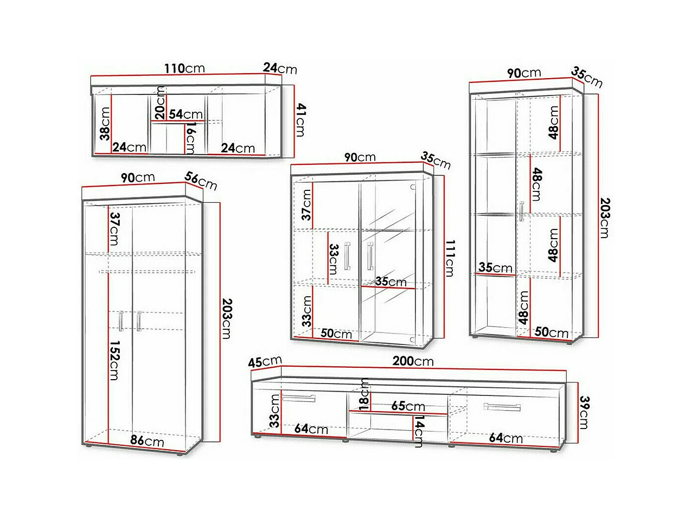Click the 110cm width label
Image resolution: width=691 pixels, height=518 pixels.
[184, 68]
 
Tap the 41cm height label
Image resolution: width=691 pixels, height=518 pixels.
[300, 120]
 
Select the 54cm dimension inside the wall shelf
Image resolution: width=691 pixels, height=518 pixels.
[185, 114]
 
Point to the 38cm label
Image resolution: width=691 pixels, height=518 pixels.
[105, 123]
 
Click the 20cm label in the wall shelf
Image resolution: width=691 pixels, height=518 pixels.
[160, 103]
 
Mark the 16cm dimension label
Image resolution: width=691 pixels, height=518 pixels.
[190, 138]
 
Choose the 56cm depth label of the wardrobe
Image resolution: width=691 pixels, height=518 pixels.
[201, 181]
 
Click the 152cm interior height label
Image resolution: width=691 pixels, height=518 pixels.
[114, 360]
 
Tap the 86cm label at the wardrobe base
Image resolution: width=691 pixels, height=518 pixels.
[147, 440]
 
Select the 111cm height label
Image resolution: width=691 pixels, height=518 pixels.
[450, 258]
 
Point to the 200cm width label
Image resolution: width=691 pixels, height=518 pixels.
[413, 361]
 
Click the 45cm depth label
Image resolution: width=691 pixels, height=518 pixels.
[265, 362]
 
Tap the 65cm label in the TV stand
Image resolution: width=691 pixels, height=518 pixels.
[408, 406]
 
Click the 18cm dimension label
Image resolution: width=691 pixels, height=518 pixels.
[364, 394]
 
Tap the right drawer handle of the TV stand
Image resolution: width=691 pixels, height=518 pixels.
[502, 407]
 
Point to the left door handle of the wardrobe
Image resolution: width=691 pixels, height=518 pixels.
[121, 321]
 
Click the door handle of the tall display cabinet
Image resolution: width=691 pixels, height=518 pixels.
[522, 211]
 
